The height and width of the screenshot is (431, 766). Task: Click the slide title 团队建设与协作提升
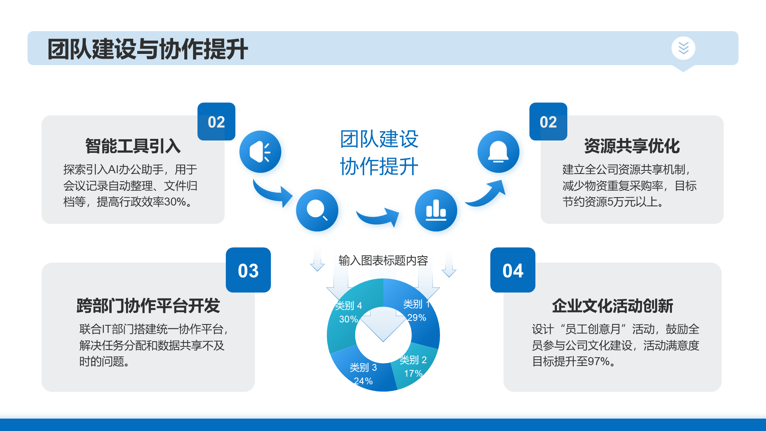tap(148, 49)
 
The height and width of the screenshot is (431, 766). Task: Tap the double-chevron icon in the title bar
tap(683, 48)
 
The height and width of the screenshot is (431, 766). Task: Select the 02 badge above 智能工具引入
tap(216, 122)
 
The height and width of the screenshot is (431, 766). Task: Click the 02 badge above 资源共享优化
tap(548, 122)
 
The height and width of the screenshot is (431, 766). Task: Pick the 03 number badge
tap(248, 270)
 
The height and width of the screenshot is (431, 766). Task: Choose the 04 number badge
tap(513, 270)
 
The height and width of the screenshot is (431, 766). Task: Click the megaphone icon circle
tap(260, 152)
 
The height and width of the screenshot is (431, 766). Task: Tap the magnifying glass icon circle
tap(317, 210)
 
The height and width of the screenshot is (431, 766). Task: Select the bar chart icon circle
tap(436, 210)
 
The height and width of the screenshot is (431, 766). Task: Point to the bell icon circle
tap(498, 152)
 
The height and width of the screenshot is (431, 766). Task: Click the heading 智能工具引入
tap(133, 146)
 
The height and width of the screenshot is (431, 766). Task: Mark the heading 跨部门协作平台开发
tap(148, 306)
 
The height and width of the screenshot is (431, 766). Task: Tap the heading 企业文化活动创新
tap(612, 306)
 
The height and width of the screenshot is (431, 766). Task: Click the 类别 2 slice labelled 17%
tap(415, 369)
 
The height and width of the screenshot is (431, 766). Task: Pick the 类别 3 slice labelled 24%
tap(361, 373)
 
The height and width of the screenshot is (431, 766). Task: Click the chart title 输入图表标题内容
tap(383, 261)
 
